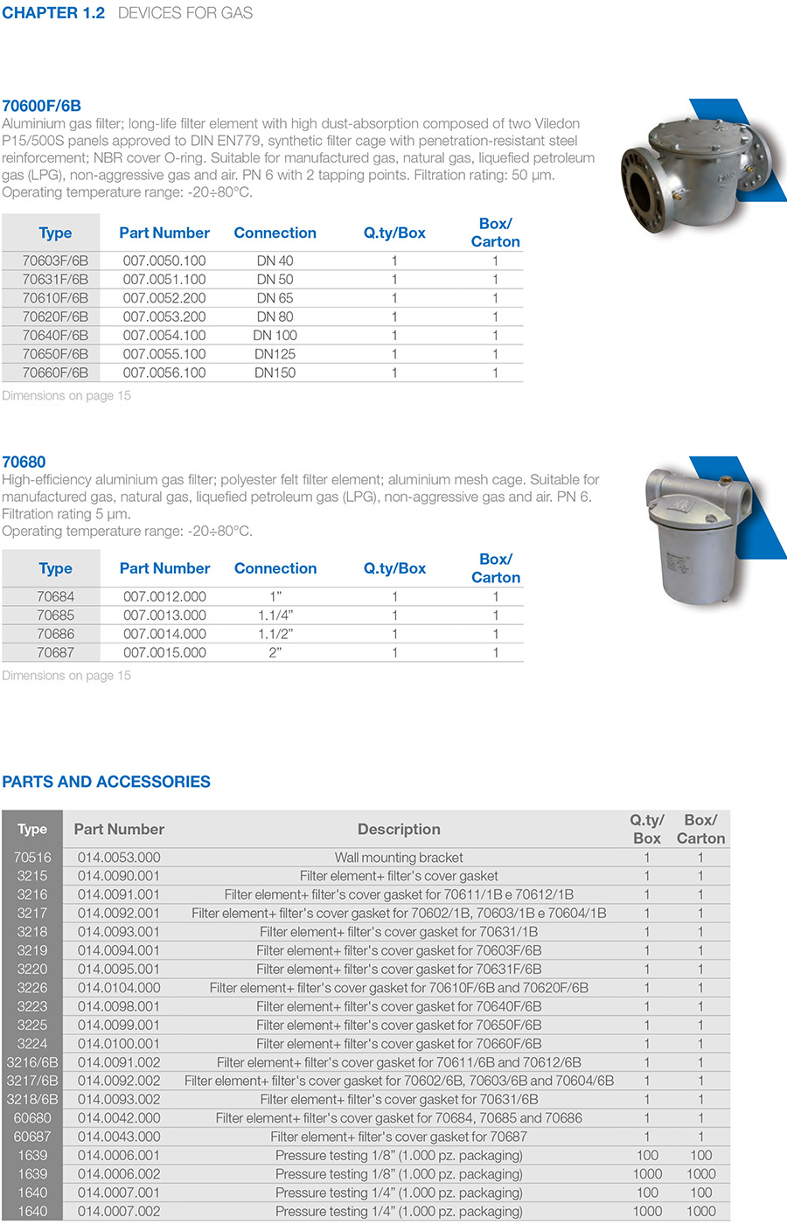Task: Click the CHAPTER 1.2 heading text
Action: [53, 13]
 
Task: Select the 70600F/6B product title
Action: [41, 106]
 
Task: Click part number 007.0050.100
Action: [164, 261]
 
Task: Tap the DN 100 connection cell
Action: [275, 336]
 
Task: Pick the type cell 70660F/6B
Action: [55, 372]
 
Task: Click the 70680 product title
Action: [24, 462]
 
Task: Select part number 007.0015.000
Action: [164, 652]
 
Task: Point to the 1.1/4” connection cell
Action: [275, 615]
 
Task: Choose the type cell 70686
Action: [55, 634]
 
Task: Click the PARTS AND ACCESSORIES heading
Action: [106, 782]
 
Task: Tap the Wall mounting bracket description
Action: [399, 858]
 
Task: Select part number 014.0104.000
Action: [119, 988]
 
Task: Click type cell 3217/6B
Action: [32, 1081]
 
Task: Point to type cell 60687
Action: [32, 1137]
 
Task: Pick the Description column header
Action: [399, 829]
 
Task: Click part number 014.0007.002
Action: [119, 1211]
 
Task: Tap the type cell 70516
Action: [32, 858]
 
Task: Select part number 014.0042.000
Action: [119, 1118]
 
